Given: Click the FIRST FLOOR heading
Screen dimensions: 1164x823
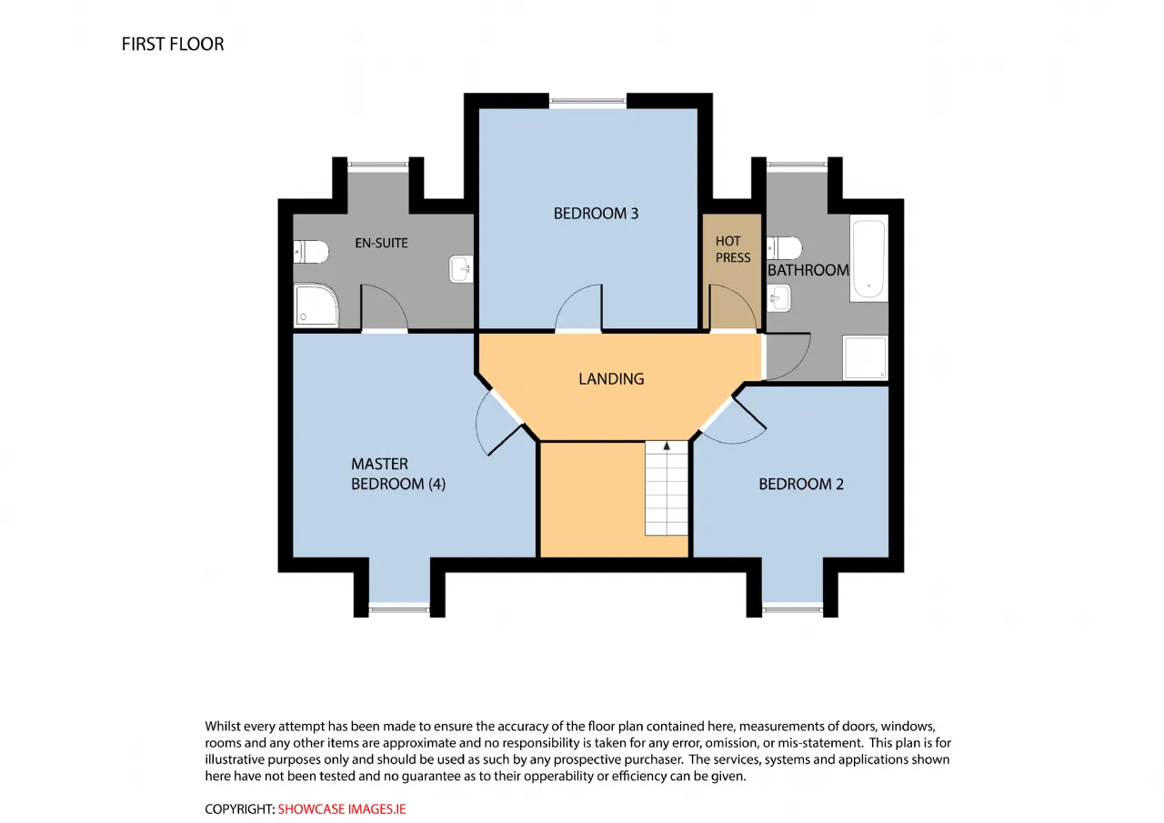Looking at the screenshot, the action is click(173, 45).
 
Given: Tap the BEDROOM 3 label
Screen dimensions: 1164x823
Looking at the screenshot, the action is click(596, 214).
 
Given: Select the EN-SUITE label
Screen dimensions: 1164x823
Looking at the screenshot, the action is click(381, 243).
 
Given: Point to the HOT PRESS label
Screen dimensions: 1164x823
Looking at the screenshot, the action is click(733, 249).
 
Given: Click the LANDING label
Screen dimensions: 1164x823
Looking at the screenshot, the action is click(611, 379).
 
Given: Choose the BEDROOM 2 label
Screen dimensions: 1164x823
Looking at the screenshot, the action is click(801, 484).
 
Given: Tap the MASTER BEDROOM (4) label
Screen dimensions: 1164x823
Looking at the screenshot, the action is click(398, 474).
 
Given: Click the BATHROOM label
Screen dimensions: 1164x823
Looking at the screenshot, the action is click(808, 270).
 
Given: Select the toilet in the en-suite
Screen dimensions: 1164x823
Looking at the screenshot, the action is click(311, 252).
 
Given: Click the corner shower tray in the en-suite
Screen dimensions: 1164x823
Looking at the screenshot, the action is click(316, 305).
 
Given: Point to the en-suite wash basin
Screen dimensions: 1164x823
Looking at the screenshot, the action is click(461, 268).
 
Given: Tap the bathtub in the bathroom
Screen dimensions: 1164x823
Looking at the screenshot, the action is click(868, 258).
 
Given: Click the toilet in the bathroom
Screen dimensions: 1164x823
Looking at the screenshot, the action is click(784, 248).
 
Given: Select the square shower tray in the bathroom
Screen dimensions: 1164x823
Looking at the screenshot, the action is click(865, 358).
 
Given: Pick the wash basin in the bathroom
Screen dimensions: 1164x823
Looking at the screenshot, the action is click(779, 297).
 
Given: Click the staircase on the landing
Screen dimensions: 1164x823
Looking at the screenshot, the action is click(667, 488).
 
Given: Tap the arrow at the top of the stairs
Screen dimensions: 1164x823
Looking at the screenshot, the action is click(667, 446).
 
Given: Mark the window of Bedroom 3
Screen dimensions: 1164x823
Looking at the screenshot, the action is click(587, 101).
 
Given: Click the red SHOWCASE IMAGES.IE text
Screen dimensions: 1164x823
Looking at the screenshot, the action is click(342, 809).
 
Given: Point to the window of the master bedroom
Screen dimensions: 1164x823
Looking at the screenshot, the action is click(399, 609).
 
